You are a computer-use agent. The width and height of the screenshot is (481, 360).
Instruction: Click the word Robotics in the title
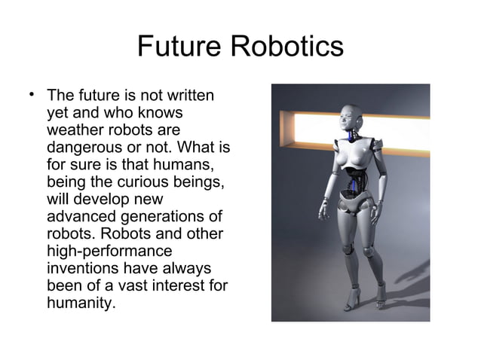[x=287, y=47]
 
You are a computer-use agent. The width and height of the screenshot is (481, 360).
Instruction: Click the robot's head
[x=350, y=117]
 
